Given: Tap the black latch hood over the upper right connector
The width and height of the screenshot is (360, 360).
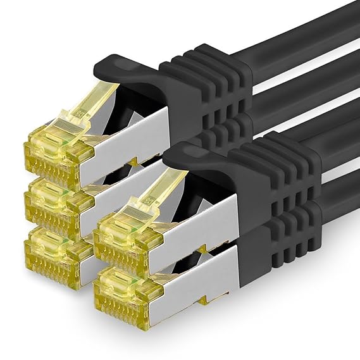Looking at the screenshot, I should pos(202,161).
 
